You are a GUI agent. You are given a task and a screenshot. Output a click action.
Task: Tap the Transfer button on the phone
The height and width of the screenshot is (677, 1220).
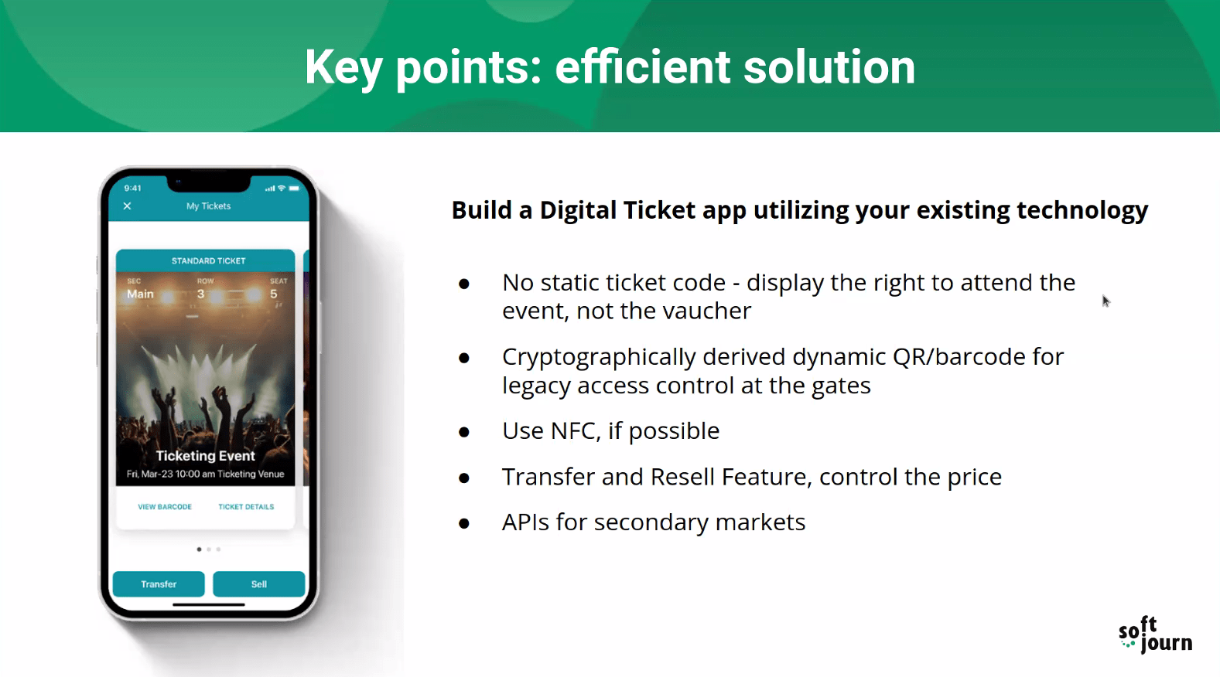[x=159, y=584]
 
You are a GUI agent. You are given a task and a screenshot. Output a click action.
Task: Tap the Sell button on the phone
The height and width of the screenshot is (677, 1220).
[x=258, y=584]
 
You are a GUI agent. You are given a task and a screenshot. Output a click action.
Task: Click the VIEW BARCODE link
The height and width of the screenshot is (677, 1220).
[x=165, y=507]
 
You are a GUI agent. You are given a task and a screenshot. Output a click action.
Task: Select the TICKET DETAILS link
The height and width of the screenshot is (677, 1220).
[x=246, y=507]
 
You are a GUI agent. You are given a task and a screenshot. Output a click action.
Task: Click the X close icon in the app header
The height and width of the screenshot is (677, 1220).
[x=127, y=206]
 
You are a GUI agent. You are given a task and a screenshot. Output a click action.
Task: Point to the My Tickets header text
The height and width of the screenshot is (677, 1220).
[x=209, y=206]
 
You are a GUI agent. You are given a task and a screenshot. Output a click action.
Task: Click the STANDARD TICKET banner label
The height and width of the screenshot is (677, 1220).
[x=209, y=260]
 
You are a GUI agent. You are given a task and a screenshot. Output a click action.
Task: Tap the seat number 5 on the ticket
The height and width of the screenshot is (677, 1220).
[x=273, y=294]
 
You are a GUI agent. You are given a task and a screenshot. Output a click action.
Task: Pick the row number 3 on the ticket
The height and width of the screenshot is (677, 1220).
[x=200, y=294]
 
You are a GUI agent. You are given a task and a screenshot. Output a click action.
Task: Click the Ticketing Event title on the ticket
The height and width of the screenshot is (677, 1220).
[x=205, y=455]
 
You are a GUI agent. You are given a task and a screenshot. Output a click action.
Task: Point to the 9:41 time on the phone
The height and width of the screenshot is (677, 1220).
[x=133, y=189]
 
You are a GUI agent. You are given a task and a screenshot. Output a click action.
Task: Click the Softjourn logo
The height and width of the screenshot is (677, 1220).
[x=1155, y=634]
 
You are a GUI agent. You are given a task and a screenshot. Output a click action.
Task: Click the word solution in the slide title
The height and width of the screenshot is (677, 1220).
[x=829, y=67]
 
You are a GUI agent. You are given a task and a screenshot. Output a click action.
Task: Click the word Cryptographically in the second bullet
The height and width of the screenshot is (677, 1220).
[x=599, y=358]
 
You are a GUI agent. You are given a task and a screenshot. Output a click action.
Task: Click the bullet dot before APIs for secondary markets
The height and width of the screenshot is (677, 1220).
[x=464, y=523]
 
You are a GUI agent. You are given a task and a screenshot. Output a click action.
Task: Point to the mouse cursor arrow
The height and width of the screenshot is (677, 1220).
[x=1106, y=301]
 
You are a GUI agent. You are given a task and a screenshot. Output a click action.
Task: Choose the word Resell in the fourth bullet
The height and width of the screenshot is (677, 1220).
[x=685, y=477]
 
